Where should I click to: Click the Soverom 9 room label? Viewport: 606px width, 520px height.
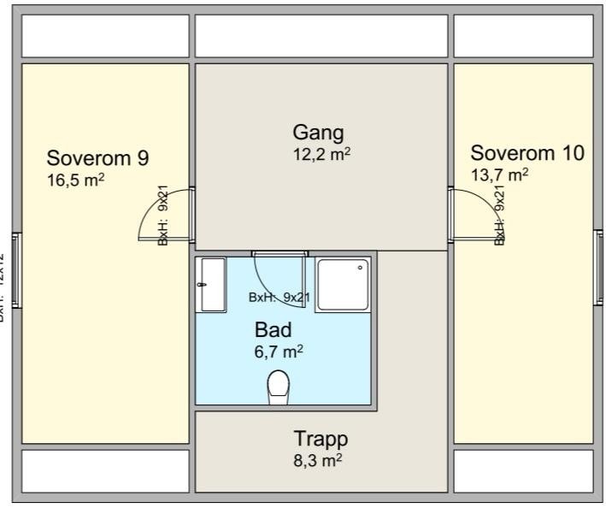[98, 158]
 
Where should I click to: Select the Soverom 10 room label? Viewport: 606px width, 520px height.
[527, 153]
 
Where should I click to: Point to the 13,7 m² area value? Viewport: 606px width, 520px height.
[499, 174]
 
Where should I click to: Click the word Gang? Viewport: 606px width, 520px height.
[318, 133]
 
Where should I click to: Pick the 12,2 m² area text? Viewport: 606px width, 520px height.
[321, 154]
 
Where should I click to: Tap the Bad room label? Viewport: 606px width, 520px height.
[274, 329]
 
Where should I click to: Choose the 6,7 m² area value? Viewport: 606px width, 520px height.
[279, 352]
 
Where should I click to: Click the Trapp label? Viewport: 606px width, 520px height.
[321, 439]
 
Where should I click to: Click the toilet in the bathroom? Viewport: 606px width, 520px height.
[279, 387]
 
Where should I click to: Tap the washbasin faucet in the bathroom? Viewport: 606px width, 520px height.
[203, 286]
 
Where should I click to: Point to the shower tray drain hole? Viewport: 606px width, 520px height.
[361, 268]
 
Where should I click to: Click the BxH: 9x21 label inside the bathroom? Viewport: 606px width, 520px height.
[279, 298]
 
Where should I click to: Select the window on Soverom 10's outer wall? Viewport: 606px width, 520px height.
[598, 266]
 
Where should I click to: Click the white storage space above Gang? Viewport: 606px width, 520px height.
[321, 36]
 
